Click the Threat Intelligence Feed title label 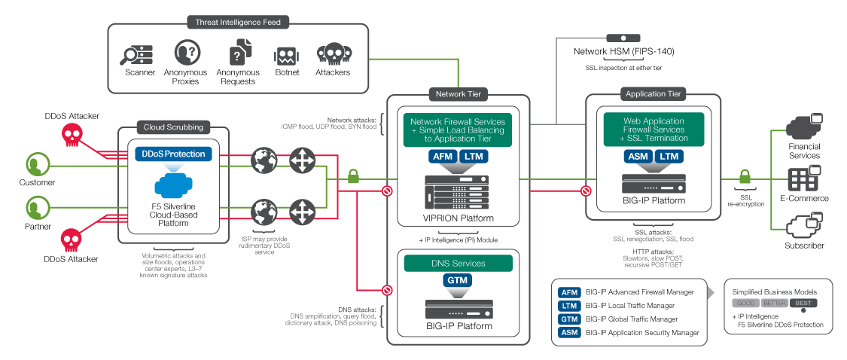coord(238,22)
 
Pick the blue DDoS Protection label coord(173,154)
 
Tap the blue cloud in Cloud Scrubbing coord(174,185)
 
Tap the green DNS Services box coord(458,264)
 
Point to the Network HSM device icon coord(623,38)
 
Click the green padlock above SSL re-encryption coord(745,176)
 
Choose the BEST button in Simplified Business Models coord(803,304)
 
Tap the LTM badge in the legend coord(569,306)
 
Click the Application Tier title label coord(653,94)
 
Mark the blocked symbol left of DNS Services coord(387,290)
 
